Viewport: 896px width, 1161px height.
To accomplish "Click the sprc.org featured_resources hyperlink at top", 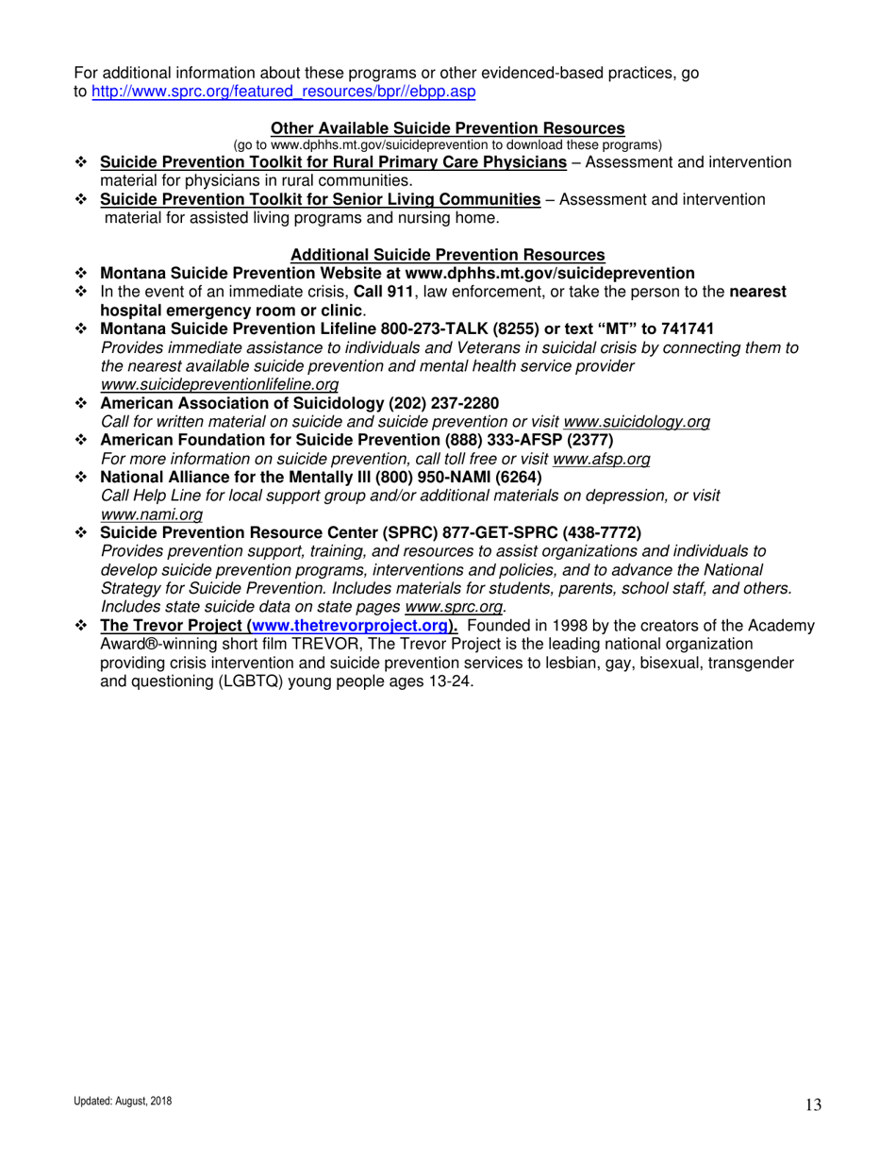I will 282,92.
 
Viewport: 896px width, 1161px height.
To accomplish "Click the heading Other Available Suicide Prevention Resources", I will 447,128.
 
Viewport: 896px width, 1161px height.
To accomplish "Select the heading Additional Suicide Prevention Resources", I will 447,255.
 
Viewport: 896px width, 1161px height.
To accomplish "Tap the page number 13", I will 814,1105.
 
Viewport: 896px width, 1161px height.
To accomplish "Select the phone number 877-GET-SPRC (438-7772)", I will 546,531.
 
